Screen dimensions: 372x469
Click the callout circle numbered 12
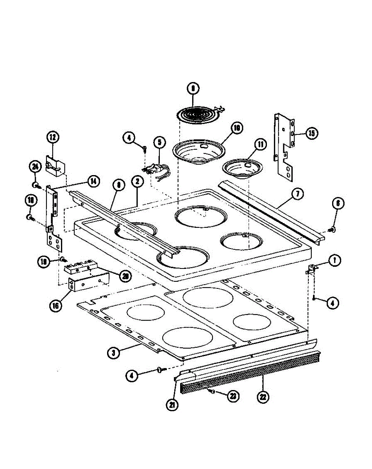coord(52,137)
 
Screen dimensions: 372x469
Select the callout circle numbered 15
coord(311,133)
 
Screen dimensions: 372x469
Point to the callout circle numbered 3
coord(113,353)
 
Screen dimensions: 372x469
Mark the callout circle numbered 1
coord(334,261)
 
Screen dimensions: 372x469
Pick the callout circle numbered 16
coord(56,306)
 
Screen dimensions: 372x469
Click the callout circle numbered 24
coord(35,167)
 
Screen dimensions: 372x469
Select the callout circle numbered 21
coord(172,405)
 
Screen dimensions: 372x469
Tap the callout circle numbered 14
coord(93,181)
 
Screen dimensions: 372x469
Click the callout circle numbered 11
coord(260,144)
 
